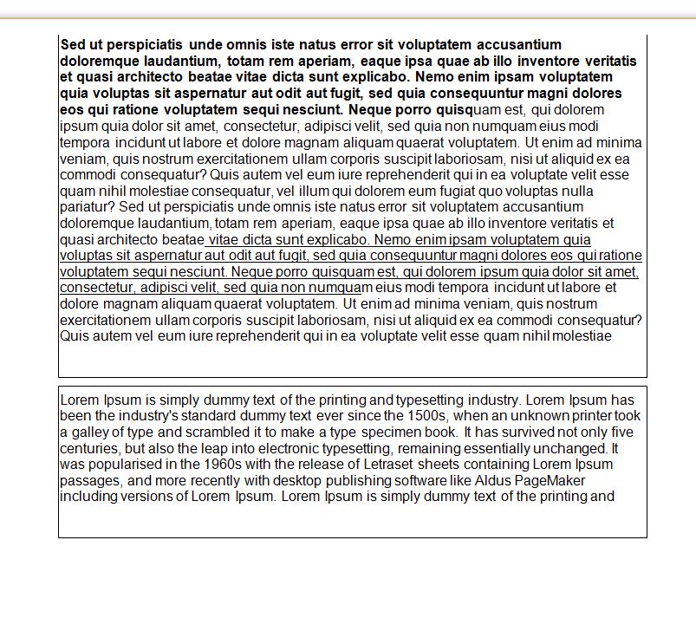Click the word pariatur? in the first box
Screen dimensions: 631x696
point(88,207)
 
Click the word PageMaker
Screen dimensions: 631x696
point(553,480)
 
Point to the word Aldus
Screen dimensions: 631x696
point(498,480)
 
